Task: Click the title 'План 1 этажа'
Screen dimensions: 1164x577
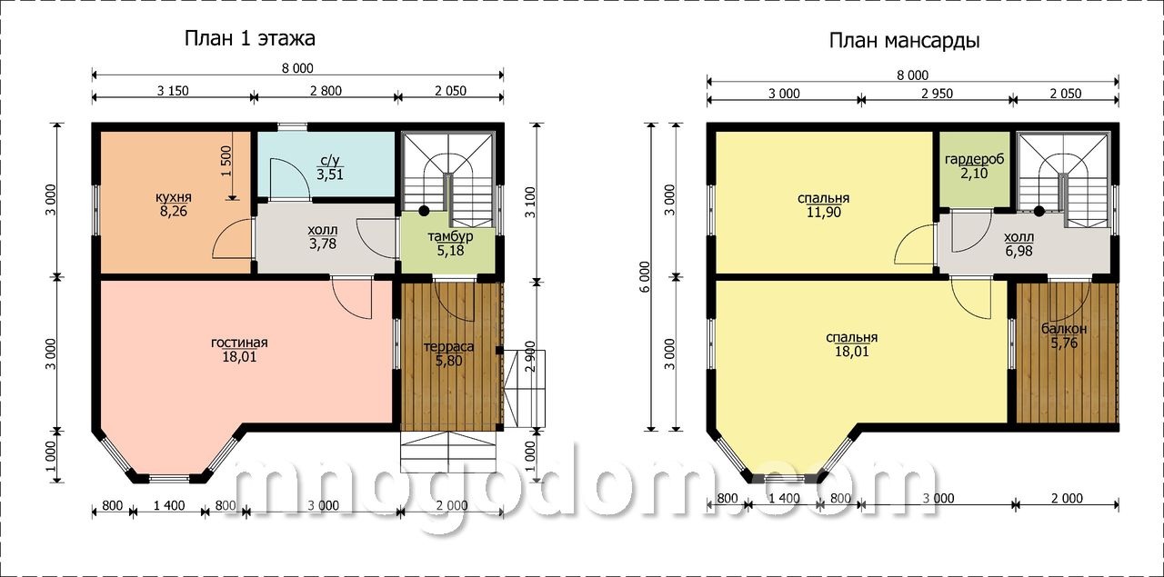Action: (x=249, y=39)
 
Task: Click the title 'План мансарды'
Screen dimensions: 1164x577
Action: (x=904, y=41)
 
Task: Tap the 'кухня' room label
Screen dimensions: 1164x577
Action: (x=174, y=197)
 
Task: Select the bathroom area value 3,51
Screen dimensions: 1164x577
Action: (x=330, y=174)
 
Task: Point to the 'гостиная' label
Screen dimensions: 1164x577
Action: (x=239, y=343)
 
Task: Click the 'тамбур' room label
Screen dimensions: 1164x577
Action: (x=450, y=236)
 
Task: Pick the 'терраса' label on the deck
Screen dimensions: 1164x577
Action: (x=449, y=347)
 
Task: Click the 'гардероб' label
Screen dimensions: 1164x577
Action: (x=974, y=159)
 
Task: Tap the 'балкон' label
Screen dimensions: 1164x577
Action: (x=1064, y=329)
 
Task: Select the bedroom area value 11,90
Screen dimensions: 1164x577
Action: (x=824, y=213)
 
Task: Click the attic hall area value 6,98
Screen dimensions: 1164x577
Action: (x=1018, y=252)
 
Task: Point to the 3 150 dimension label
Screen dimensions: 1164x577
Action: (x=173, y=91)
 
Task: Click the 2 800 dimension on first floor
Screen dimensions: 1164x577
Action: (x=326, y=91)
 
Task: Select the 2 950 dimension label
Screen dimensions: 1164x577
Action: (x=937, y=94)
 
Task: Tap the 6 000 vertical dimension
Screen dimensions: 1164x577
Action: (x=645, y=277)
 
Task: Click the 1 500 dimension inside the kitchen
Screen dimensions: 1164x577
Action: (x=226, y=161)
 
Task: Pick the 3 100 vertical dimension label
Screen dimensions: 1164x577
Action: (x=529, y=203)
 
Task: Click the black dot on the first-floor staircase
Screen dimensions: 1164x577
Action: (x=424, y=210)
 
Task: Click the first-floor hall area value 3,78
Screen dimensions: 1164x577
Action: (x=323, y=244)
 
